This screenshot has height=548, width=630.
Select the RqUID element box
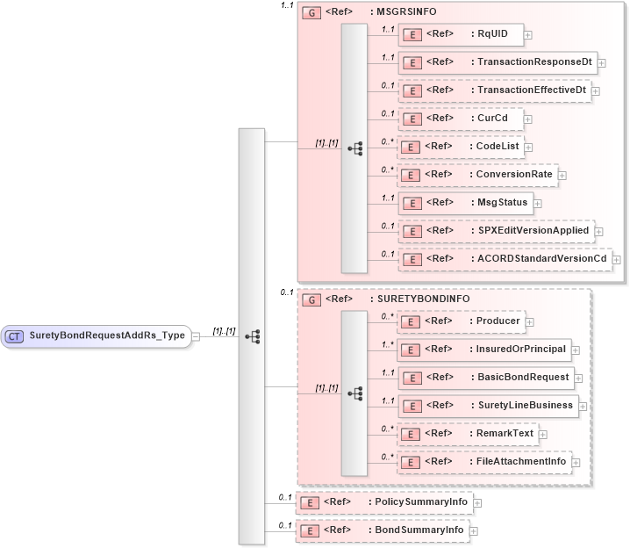point(461,35)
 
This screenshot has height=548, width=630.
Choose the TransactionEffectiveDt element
point(494,90)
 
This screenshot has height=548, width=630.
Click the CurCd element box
point(460,119)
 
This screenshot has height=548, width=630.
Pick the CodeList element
point(460,146)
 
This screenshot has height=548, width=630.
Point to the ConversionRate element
point(477,175)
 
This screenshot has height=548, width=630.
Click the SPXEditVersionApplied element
point(497,231)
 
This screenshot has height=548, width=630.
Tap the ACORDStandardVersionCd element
point(505,258)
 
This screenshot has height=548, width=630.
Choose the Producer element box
point(461,321)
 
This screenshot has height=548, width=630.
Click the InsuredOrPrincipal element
point(483,350)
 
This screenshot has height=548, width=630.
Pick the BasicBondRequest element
point(485,378)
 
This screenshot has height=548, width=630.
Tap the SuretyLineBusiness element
point(487,406)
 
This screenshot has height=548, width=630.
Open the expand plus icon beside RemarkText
point(543,434)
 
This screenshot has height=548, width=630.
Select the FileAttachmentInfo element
point(483,461)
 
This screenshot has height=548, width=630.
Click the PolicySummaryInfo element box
point(384,502)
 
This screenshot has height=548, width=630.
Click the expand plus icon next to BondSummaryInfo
point(474,530)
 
